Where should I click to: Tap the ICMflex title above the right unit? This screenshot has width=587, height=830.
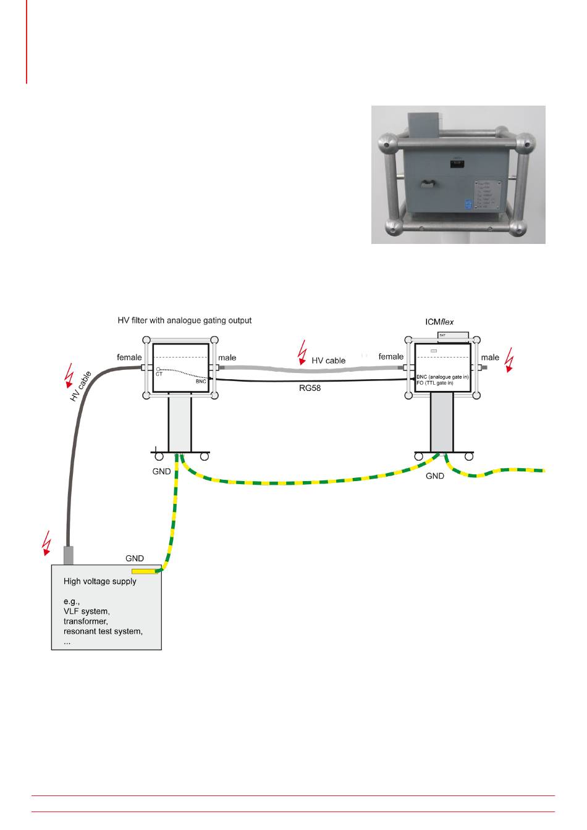coord(439,322)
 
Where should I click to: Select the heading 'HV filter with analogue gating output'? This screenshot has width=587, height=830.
coord(185,321)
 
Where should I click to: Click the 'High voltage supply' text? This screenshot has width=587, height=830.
coord(100,581)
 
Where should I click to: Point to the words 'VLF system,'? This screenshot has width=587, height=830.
coord(87,611)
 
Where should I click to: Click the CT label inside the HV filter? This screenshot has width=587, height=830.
coord(159,375)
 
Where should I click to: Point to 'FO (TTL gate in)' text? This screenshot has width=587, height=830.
coord(435,383)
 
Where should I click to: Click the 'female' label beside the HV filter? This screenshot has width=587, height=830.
coord(130,357)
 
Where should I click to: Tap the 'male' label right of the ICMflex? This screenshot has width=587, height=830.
coord(490,357)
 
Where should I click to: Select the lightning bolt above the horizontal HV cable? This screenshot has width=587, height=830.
coord(302,352)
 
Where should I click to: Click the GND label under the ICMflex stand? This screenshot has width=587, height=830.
coord(435,476)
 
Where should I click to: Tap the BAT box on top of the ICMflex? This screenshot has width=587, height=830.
coord(453,335)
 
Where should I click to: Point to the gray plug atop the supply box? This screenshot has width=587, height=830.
coord(69,555)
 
